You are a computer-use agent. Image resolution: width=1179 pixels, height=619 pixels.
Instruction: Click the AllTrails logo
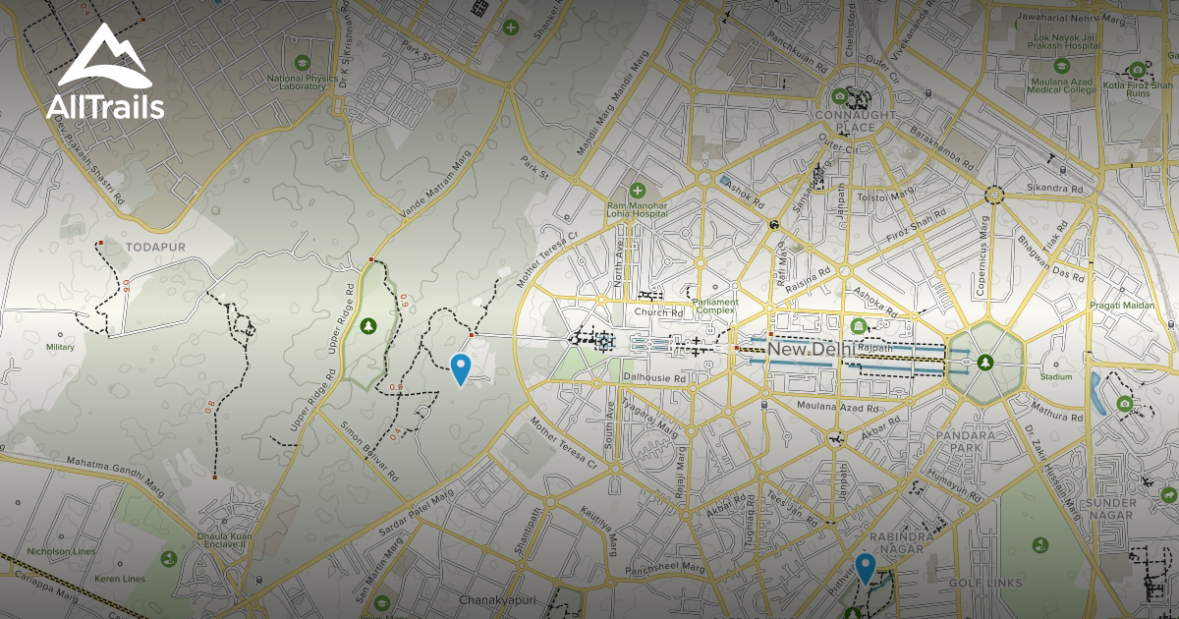(x=105, y=73)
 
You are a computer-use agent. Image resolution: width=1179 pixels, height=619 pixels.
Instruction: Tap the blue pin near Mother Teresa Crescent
(x=460, y=369)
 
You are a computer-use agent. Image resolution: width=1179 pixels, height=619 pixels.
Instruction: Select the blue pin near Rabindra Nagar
(x=865, y=568)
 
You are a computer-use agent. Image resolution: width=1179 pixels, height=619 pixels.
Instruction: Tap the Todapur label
(x=149, y=246)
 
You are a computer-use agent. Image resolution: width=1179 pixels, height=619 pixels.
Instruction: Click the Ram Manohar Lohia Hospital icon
(x=637, y=190)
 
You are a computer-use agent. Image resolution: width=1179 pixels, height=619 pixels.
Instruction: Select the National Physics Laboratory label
(x=297, y=82)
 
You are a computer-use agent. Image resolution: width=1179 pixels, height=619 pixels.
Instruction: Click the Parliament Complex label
(x=714, y=307)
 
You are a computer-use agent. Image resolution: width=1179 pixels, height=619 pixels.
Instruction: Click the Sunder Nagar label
(x=1109, y=510)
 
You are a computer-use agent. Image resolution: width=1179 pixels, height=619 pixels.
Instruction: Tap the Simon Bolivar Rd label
(x=369, y=451)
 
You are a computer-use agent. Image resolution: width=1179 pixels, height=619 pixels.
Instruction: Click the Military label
(x=60, y=347)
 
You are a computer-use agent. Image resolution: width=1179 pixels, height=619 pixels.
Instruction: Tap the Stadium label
(x=1056, y=376)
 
